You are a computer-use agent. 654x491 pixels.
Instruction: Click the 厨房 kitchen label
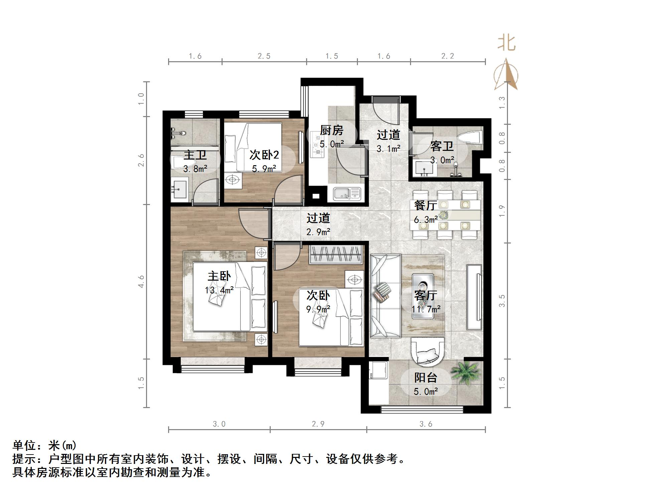[x=332, y=130]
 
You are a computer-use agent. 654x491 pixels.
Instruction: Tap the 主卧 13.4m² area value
[x=219, y=290]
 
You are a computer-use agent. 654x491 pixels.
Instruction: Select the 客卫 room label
[x=442, y=146]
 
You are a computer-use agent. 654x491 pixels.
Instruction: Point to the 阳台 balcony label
[x=426, y=378]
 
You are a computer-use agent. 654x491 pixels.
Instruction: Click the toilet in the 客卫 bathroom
[x=471, y=137]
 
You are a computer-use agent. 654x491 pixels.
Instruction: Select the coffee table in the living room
[x=423, y=296]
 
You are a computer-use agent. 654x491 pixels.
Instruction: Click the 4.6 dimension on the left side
[x=141, y=281]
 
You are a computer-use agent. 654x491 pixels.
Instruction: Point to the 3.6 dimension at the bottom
[x=426, y=424]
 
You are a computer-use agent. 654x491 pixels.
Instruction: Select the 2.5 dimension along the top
[x=264, y=56]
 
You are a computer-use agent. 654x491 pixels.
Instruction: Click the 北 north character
[x=506, y=43]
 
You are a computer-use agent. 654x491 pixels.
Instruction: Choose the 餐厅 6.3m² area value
[x=426, y=220]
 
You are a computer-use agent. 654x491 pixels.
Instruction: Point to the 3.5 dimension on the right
[x=502, y=301]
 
